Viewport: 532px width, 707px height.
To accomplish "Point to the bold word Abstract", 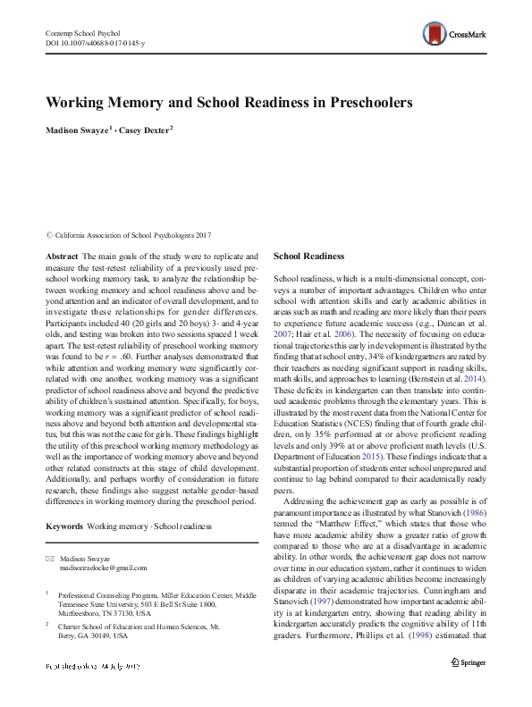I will (60, 255).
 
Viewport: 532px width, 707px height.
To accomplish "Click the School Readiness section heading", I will (309, 255).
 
